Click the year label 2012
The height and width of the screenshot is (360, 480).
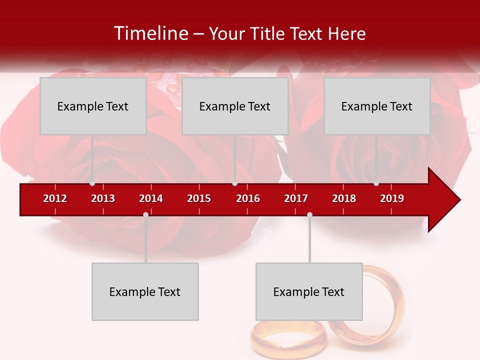[x=55, y=198]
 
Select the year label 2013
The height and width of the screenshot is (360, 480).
[x=103, y=198]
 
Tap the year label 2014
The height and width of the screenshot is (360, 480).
[x=151, y=198]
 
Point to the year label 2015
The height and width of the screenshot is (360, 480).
[x=199, y=198]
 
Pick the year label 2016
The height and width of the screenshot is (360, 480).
[x=248, y=198]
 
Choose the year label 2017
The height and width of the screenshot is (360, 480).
[x=296, y=198]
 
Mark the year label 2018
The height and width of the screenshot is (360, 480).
[x=344, y=198]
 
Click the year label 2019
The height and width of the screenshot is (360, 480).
[x=392, y=198]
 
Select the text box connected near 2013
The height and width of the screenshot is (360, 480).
[x=93, y=106]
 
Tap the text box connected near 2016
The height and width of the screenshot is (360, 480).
[x=235, y=106]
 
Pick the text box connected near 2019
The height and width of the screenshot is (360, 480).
[x=377, y=106]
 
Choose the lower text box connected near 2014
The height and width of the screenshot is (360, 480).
[x=145, y=292]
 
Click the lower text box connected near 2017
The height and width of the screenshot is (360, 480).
[x=309, y=292]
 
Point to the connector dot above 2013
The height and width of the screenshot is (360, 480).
[x=92, y=183]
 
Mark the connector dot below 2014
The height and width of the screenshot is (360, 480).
[x=145, y=215]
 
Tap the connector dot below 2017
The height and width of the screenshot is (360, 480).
[x=309, y=215]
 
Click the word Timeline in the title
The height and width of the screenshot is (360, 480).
[x=150, y=33]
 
